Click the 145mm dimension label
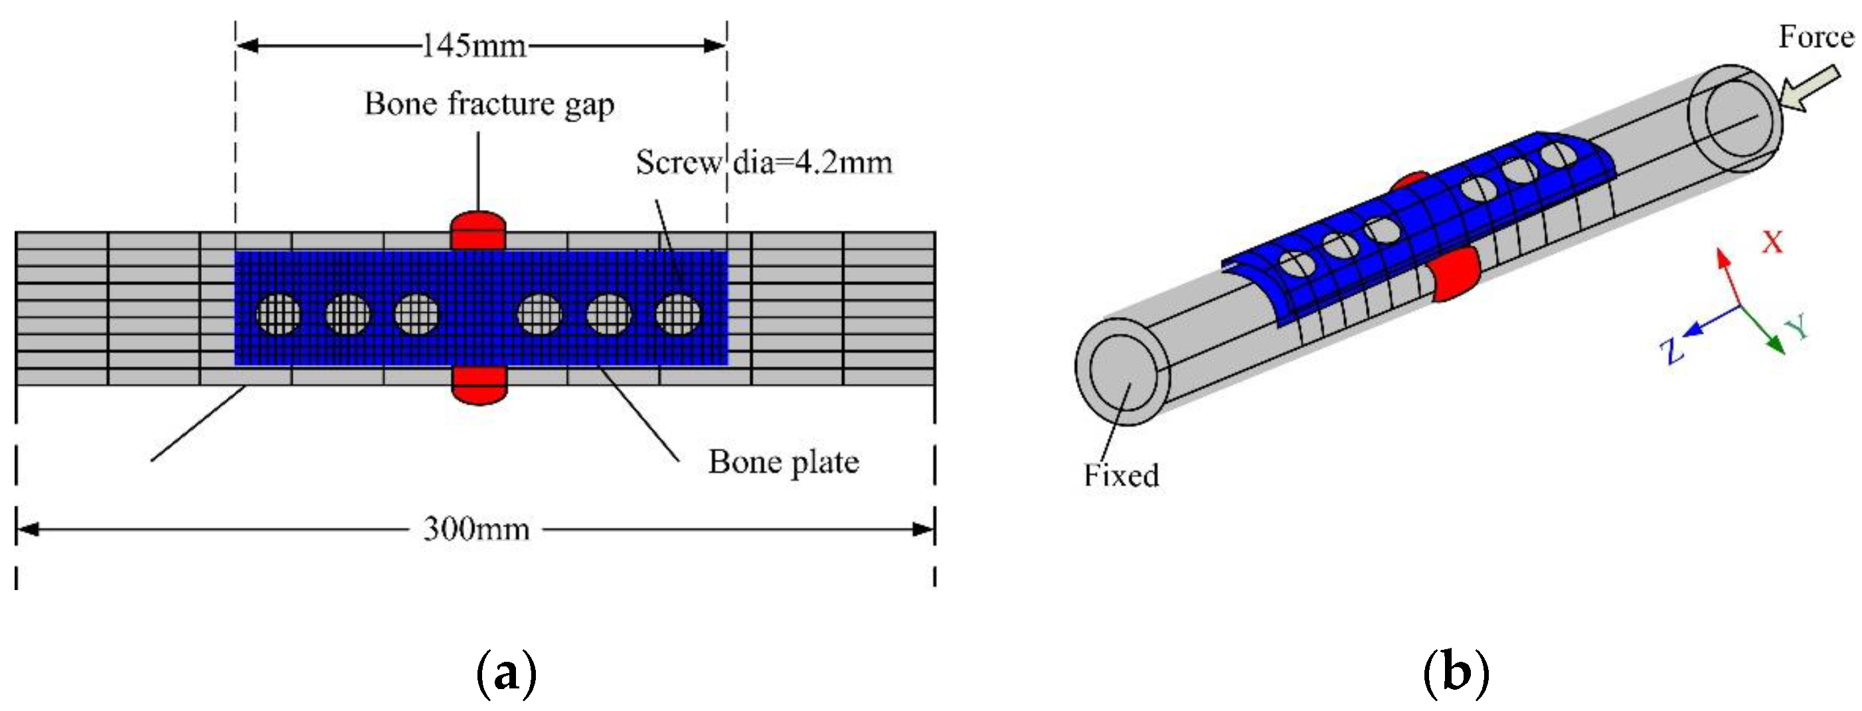click(x=474, y=47)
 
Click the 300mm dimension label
click(x=476, y=529)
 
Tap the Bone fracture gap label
click(x=489, y=104)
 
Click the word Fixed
click(x=1120, y=475)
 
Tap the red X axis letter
click(x=1771, y=243)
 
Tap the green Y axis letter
click(x=1797, y=327)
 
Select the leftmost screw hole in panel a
click(x=279, y=314)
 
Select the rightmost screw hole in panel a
click(x=678, y=314)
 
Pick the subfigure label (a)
click(x=506, y=672)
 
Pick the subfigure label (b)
click(x=1456, y=672)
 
